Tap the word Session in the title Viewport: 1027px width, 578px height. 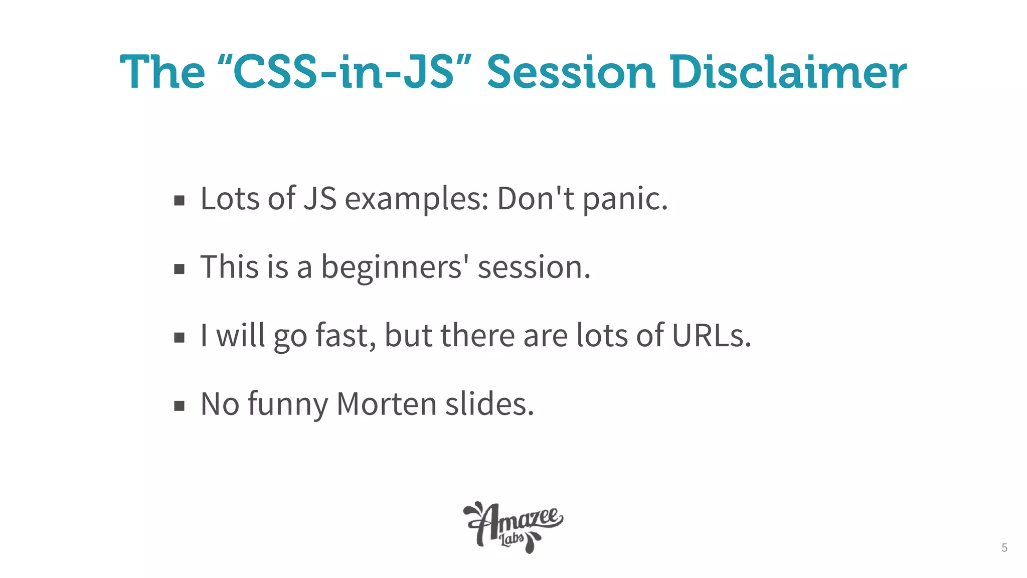coord(571,73)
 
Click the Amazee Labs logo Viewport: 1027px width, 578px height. coord(512,527)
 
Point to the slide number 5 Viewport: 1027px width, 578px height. coord(1004,547)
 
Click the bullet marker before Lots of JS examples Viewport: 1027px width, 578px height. coord(179,201)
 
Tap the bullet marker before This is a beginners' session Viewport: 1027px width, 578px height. coord(179,269)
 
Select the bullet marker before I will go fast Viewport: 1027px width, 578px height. coord(179,338)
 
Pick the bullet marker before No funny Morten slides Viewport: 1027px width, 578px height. coord(179,406)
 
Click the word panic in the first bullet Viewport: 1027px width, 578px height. coord(624,199)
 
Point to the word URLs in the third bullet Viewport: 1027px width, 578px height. coord(711,336)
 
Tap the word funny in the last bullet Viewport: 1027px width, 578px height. coord(288,404)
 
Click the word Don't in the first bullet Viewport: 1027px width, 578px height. coord(536,199)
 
